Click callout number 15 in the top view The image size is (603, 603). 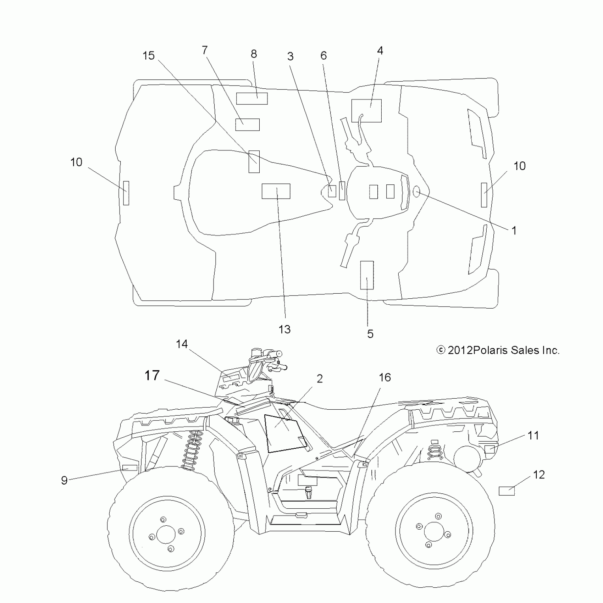pyautogui.click(x=149, y=56)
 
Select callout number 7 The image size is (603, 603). pyautogui.click(x=205, y=50)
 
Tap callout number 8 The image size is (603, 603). pyautogui.click(x=254, y=54)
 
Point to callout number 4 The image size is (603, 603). pyautogui.click(x=380, y=50)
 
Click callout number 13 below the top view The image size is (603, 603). pyautogui.click(x=285, y=329)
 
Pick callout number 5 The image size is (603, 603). pyautogui.click(x=370, y=333)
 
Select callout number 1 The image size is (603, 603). pyautogui.click(x=514, y=231)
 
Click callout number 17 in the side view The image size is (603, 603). pyautogui.click(x=152, y=375)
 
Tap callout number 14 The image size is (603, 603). pyautogui.click(x=182, y=344)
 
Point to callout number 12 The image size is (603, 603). pyautogui.click(x=539, y=475)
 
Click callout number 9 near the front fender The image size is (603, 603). pyautogui.click(x=64, y=480)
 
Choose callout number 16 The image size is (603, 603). pyautogui.click(x=385, y=377)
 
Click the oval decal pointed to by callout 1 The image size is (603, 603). pyautogui.click(x=416, y=192)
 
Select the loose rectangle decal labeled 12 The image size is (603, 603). pyautogui.click(x=507, y=491)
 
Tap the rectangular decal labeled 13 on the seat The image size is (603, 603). pyautogui.click(x=276, y=191)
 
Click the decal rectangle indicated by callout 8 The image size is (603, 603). pyautogui.click(x=252, y=99)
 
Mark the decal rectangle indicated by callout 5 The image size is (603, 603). pyautogui.click(x=367, y=275)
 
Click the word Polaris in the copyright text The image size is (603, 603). pyautogui.click(x=491, y=350)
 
